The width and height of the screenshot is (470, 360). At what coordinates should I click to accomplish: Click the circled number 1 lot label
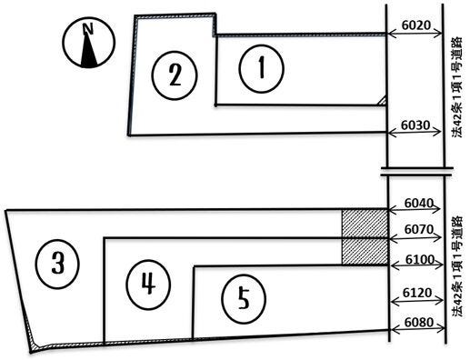tap(261, 68)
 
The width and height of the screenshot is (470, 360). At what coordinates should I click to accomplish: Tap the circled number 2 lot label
tap(175, 75)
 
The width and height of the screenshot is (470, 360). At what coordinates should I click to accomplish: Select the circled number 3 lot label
tap(57, 264)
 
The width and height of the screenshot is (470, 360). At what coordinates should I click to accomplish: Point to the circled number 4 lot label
tap(148, 285)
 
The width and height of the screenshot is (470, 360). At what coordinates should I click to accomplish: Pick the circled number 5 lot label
tap(244, 298)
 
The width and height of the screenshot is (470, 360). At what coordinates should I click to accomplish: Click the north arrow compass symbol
tap(89, 43)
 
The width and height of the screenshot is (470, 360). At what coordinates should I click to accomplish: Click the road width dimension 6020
tap(416, 25)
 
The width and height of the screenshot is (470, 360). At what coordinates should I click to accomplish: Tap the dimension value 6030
tap(415, 125)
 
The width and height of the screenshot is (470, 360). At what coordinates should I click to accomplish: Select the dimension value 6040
tap(418, 203)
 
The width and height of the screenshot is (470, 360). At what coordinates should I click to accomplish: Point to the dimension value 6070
tap(419, 229)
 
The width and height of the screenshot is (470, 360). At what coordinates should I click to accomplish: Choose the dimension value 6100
tap(420, 260)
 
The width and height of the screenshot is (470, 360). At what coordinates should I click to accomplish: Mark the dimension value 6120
tap(417, 293)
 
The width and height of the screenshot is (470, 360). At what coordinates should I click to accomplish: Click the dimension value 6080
tap(419, 322)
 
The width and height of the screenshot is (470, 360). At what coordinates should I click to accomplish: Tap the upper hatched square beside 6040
tap(365, 224)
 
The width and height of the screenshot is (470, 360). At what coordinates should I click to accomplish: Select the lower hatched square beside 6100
tap(365, 252)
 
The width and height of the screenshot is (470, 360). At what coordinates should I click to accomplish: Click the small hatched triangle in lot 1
tap(383, 101)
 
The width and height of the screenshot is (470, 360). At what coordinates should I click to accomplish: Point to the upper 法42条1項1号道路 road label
tap(456, 87)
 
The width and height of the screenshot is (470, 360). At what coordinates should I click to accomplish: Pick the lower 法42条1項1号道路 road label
tap(457, 266)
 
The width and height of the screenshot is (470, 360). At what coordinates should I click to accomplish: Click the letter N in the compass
tap(88, 29)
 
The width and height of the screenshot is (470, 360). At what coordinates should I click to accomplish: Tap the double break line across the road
tap(417, 172)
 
